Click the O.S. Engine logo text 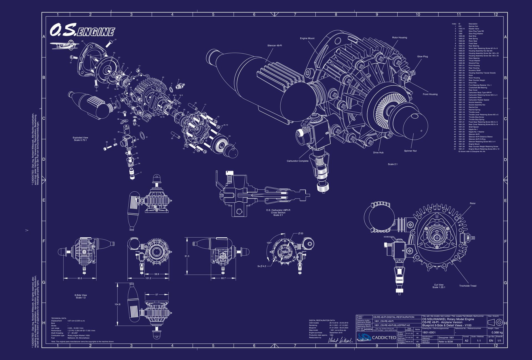82,30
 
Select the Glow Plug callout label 422,56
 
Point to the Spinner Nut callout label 410,151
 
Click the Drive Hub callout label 378,153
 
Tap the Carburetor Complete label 297,161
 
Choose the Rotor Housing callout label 399,37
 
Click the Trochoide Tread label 467,286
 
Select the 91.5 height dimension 187,256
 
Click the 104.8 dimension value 117,304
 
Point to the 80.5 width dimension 80,278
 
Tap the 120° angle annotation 269,243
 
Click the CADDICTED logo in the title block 377,337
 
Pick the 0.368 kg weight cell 497,333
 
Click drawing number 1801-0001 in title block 429,333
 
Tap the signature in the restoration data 340,340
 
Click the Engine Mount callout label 307,38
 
